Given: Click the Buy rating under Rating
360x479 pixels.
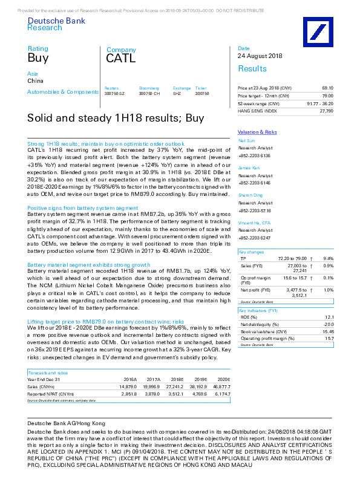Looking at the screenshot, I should [38, 58].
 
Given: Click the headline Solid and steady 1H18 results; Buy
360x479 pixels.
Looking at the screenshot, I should [116, 118].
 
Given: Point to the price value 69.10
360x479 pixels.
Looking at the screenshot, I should [327, 88].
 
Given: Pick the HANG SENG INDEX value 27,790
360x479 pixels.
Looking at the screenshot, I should [326, 111].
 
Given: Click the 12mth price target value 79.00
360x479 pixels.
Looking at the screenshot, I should [327, 96].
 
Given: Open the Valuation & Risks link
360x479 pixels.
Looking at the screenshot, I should [257, 132].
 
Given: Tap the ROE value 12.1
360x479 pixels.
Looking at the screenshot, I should [329, 317].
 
